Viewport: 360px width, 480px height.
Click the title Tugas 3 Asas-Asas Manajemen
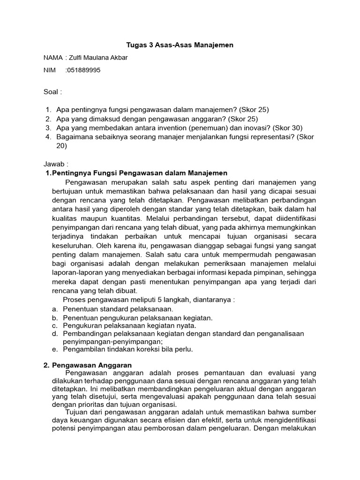click(180, 45)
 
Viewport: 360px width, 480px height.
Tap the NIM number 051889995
click(84, 70)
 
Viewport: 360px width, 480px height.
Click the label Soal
click(52, 91)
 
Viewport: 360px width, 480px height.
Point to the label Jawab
click(56, 165)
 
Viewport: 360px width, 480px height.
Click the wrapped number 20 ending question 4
click(62, 146)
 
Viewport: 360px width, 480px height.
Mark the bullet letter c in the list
click(54, 325)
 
